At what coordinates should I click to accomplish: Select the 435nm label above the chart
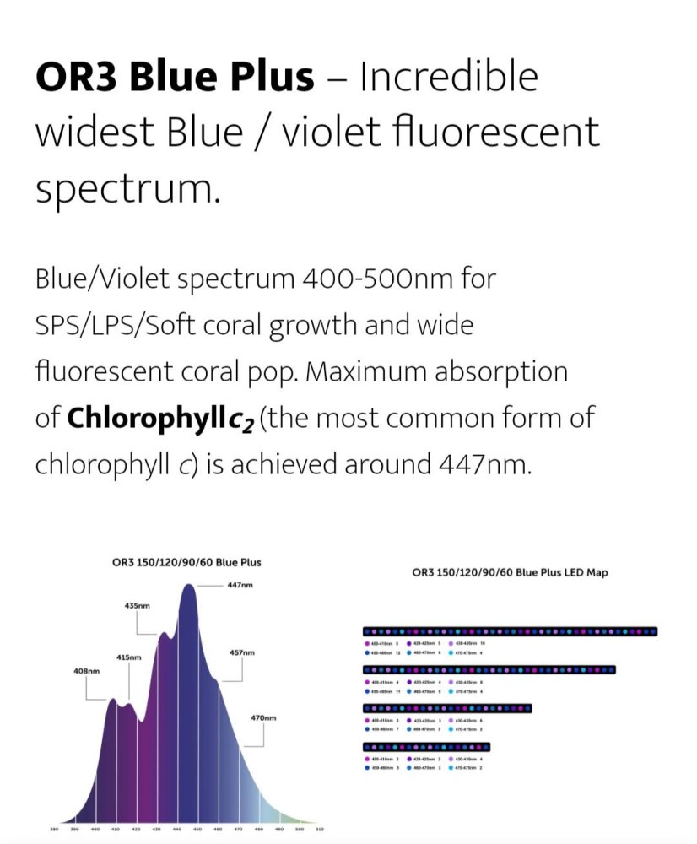coord(137,605)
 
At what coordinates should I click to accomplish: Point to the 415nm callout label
coord(129,657)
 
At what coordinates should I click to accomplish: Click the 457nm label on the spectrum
coord(241,652)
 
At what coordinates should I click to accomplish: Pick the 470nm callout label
coord(264,717)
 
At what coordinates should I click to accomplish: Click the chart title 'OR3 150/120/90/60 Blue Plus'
coord(186,561)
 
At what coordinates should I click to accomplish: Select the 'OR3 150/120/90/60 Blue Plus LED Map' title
coord(510,572)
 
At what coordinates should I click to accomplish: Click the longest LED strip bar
coord(510,631)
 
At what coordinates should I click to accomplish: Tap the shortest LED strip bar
coord(426,747)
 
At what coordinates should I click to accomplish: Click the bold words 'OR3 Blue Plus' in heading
coord(175,78)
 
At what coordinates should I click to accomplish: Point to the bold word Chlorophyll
coord(146,418)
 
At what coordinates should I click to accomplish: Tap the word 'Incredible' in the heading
coord(449,78)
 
